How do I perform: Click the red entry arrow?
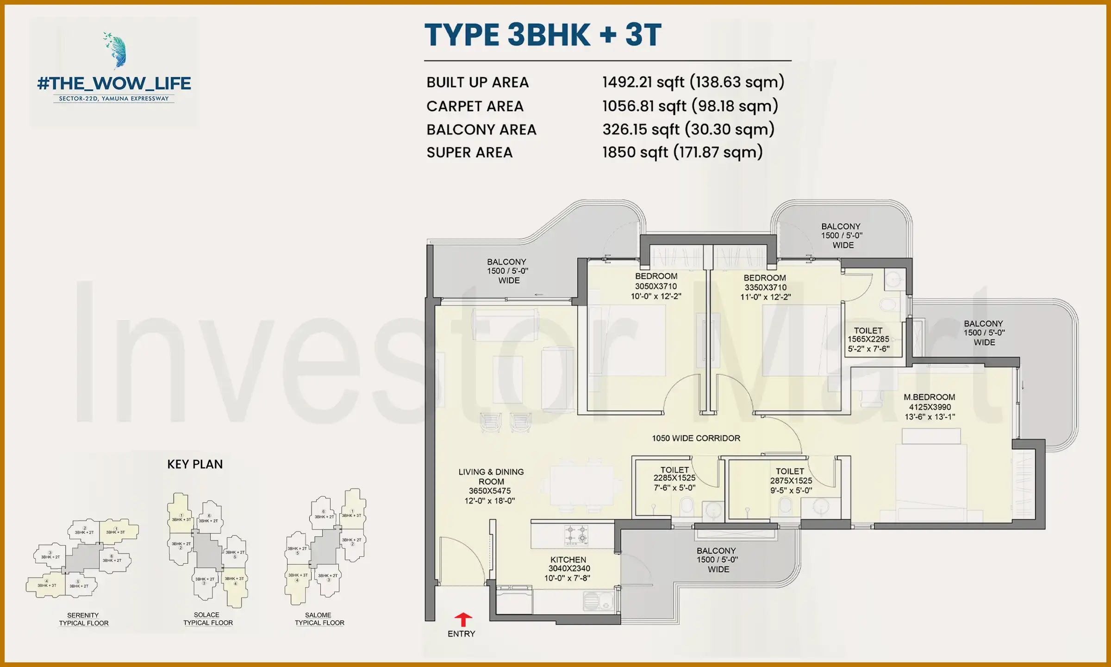click(x=463, y=619)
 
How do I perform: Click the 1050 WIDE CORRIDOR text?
click(x=696, y=438)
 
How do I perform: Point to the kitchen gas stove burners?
click(x=576, y=535)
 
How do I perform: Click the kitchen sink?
click(x=592, y=602)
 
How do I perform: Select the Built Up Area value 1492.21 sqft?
click(x=693, y=82)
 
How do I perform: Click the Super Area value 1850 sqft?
click(x=682, y=152)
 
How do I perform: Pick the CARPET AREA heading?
click(x=475, y=106)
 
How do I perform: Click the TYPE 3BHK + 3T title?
click(x=543, y=35)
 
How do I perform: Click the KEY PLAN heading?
click(x=195, y=464)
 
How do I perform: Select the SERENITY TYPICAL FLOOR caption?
click(x=83, y=619)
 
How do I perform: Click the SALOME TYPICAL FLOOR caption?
click(x=319, y=619)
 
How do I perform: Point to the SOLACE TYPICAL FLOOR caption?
click(x=208, y=619)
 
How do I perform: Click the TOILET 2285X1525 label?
click(x=674, y=478)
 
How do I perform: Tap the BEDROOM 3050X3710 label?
click(x=656, y=286)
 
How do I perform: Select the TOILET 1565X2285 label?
click(x=868, y=340)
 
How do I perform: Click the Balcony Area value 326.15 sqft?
click(x=688, y=129)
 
